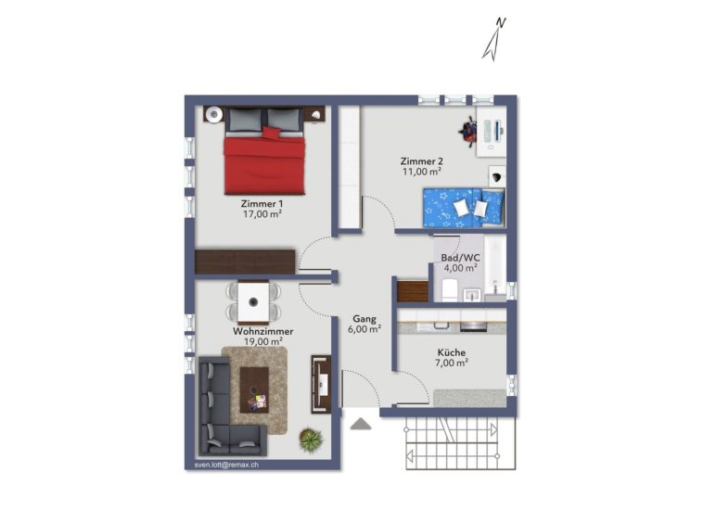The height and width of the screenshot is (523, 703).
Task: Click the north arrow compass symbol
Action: point(493,40)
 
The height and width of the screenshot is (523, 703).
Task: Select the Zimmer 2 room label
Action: point(422,161)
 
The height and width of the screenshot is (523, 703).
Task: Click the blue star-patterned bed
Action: point(464,208)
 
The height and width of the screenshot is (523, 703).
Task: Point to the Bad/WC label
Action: point(460,258)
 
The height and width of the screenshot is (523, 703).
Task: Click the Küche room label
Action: point(452,352)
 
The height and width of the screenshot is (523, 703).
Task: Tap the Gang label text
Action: point(364,319)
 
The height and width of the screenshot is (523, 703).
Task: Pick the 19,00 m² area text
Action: point(262,341)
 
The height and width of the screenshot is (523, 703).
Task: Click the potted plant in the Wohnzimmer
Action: point(311,440)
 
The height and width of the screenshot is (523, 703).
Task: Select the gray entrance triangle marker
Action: point(361,424)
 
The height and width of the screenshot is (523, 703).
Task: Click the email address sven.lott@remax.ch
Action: point(226,465)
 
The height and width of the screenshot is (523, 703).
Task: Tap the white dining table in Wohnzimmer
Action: point(253,301)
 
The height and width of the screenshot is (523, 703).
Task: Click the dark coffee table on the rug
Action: point(254,389)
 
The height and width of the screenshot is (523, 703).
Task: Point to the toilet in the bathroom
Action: point(449,289)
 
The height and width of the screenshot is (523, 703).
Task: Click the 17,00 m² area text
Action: point(262,214)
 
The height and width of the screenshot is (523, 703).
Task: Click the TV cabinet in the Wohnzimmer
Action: point(321,384)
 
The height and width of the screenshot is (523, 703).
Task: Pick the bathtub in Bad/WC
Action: point(494,266)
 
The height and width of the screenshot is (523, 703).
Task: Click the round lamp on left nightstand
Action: point(213,115)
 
